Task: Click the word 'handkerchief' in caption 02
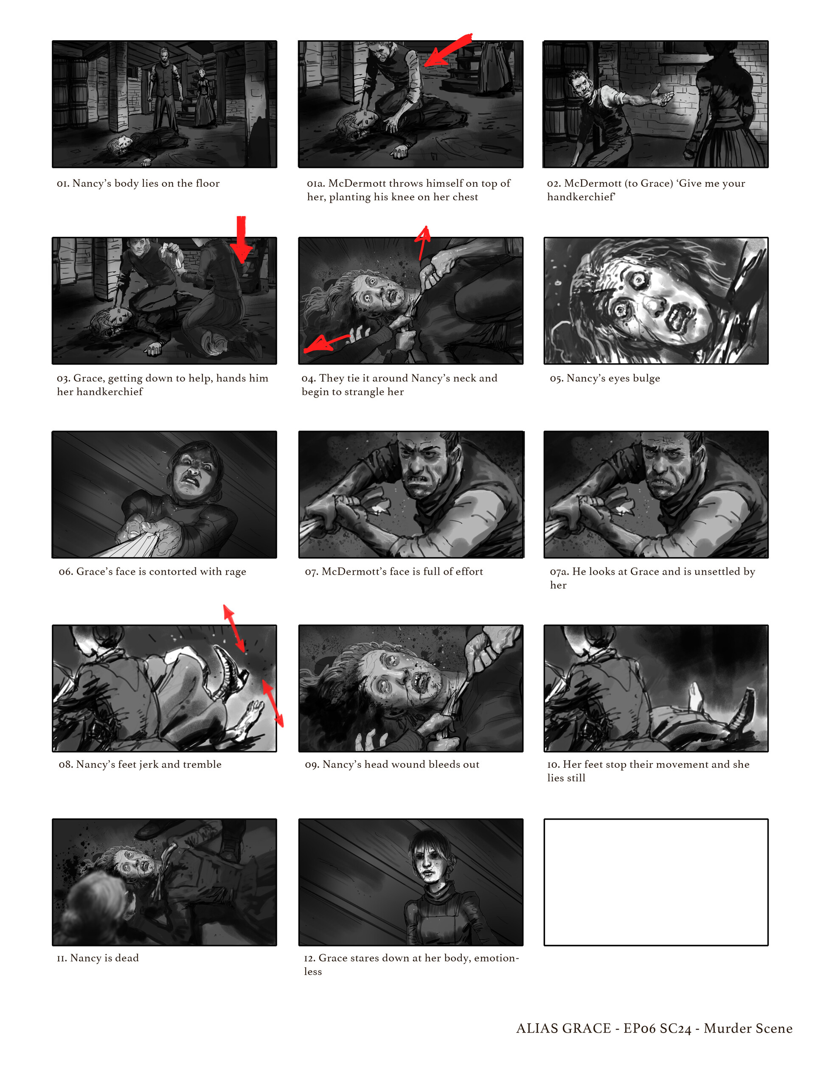[x=581, y=197]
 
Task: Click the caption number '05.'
[x=556, y=378]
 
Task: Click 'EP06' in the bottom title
[x=639, y=1028]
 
